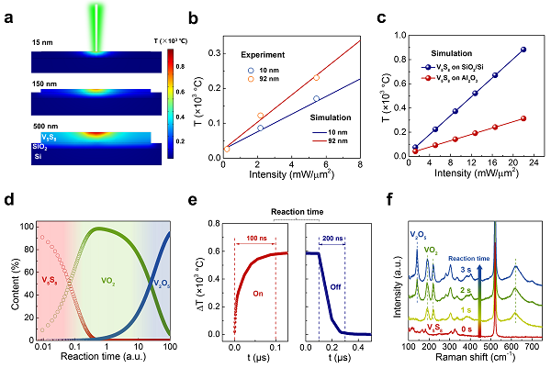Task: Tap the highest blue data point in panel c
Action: (523, 49)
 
